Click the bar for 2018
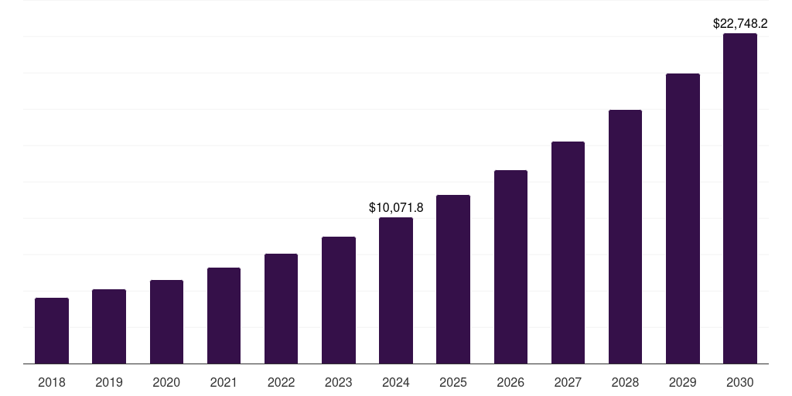[x=52, y=330]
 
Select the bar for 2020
[x=166, y=322]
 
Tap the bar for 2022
[x=281, y=309]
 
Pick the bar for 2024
[x=396, y=290]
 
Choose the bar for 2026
[x=510, y=267]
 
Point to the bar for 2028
[x=625, y=237]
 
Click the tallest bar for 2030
[x=740, y=198]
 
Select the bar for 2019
[x=109, y=326]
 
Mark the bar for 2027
[x=568, y=252]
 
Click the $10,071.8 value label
[x=396, y=207]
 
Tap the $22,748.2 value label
[x=740, y=24]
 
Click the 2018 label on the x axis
[x=52, y=382]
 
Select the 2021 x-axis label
[x=224, y=382]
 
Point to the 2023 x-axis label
[x=339, y=382]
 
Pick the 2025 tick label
[x=453, y=382]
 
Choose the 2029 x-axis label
[x=683, y=382]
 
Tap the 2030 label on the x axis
[x=740, y=382]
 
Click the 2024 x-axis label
[x=396, y=382]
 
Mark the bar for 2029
[x=683, y=218]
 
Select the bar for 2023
[x=339, y=300]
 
